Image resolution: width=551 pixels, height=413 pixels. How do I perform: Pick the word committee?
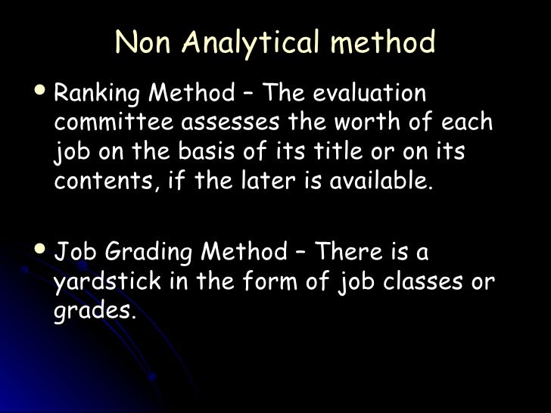click(x=108, y=123)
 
